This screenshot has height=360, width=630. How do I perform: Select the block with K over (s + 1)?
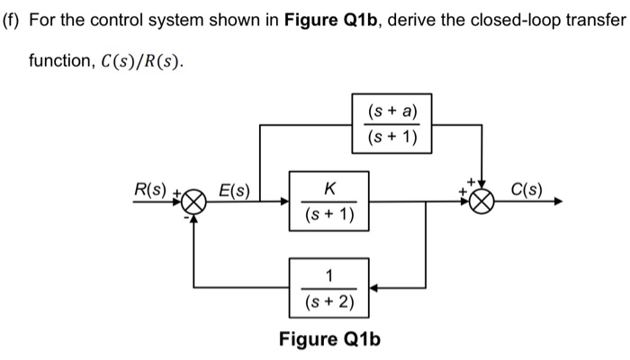pos(328,202)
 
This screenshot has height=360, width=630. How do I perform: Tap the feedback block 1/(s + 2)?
pos(328,287)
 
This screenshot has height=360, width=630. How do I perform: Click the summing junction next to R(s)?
pos(195,203)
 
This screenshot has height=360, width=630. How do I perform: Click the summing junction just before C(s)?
pos(483,203)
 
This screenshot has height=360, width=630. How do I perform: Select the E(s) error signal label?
pos(236,190)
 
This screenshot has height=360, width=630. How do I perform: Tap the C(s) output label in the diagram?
pos(526,190)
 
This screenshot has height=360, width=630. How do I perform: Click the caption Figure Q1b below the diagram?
pos(329,339)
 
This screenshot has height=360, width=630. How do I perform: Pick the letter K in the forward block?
pos(329,188)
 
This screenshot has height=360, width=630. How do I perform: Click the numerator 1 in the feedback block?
pos(329,274)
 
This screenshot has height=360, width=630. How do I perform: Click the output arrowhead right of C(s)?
pos(560,202)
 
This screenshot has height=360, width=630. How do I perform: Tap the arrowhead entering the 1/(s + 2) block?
pos(374,288)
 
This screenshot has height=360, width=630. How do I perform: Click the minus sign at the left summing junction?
pos(186,217)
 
